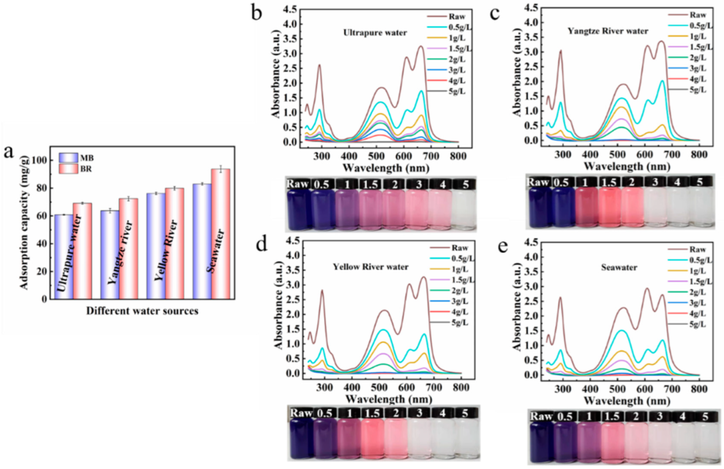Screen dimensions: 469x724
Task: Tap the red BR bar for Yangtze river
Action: [x=128, y=248]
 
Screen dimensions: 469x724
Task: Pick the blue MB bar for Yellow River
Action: [x=155, y=245]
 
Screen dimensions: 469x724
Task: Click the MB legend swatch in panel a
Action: [x=68, y=157]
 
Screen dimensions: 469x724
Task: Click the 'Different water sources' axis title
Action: [x=142, y=311]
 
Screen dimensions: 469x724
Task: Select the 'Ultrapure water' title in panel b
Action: [x=375, y=33]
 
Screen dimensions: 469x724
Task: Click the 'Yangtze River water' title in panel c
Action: [x=608, y=31]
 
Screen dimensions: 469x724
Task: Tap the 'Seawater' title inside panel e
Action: [x=619, y=267]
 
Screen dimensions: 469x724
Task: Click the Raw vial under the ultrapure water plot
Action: [x=297, y=205]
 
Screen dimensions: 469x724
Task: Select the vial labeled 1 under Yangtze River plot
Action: [x=586, y=202]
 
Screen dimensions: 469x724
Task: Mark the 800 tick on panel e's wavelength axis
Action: [x=699, y=389]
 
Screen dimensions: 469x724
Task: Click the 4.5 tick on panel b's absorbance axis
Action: [x=290, y=9]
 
